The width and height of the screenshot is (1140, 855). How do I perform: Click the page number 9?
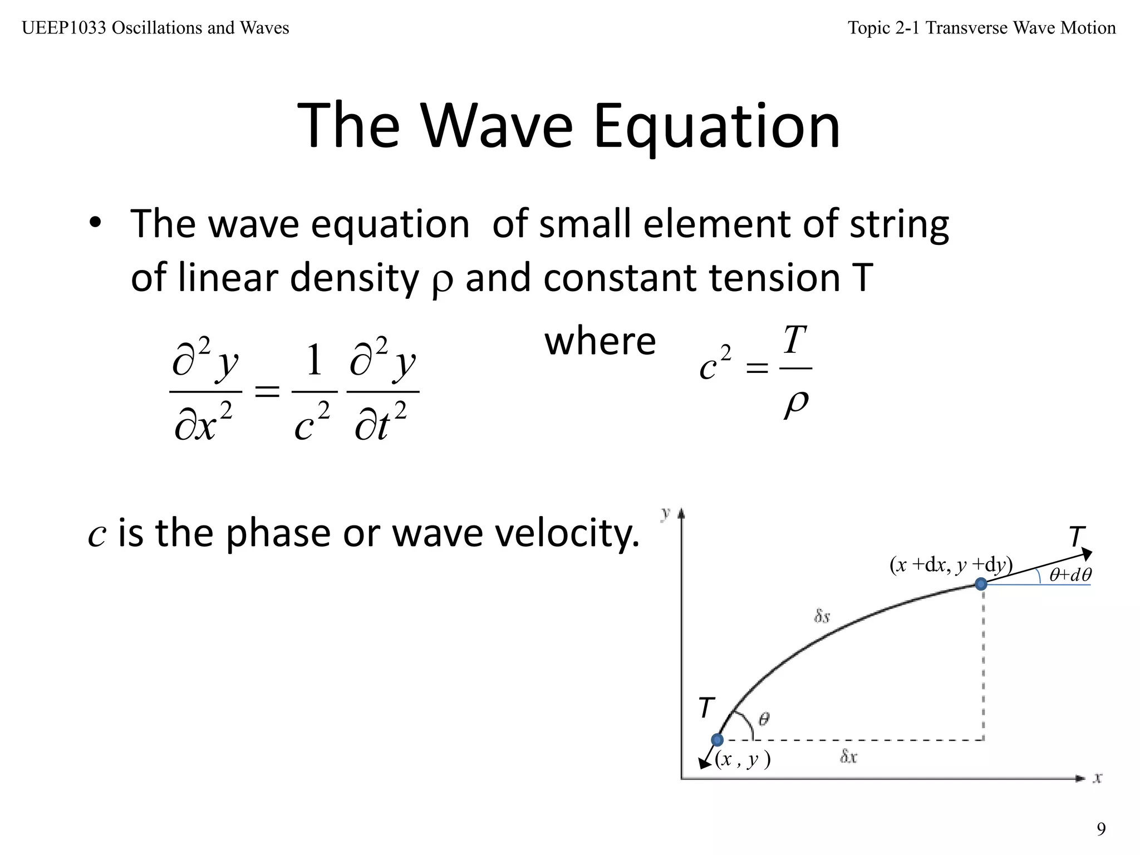pos(1101,829)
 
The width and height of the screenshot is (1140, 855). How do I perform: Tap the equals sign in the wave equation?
pos(267,392)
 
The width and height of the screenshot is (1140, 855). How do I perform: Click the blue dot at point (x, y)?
pos(718,740)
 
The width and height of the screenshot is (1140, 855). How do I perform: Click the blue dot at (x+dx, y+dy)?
pos(981,584)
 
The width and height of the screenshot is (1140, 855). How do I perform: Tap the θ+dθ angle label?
pos(1070,574)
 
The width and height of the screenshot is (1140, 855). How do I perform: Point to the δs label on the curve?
pos(822,616)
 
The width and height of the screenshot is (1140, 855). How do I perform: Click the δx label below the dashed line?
pos(848,756)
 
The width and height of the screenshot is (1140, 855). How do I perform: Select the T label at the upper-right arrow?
pos(1077,537)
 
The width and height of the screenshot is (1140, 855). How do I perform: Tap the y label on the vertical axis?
pos(665,513)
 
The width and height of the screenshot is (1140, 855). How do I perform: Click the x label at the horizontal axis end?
pos(1098,778)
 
